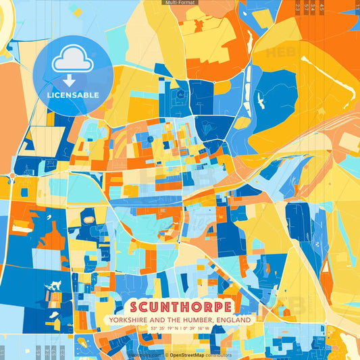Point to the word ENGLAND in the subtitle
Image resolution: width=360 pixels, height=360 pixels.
pyautogui.click(x=232, y=319)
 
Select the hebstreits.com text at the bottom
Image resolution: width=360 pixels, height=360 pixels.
pyautogui.click(x=145, y=354)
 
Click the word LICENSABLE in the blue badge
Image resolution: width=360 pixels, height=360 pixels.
pyautogui.click(x=72, y=95)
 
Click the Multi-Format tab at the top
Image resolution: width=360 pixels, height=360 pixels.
pyautogui.click(x=179, y=3)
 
